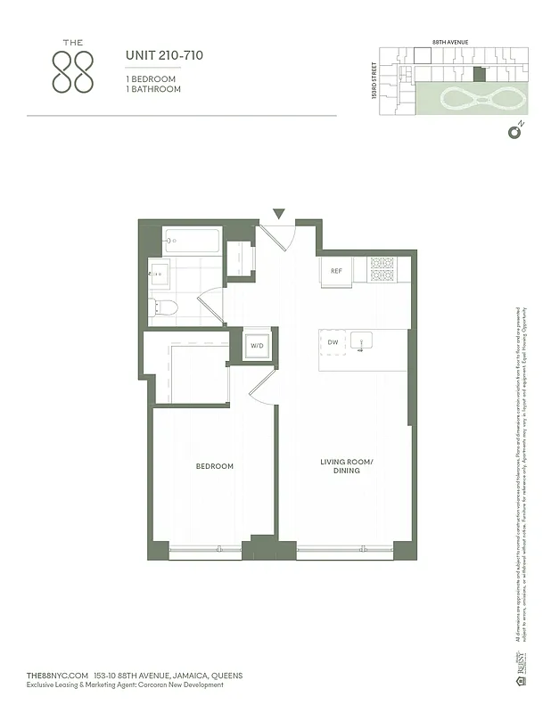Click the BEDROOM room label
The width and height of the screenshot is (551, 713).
pyautogui.click(x=214, y=466)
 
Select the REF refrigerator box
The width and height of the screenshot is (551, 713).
pyautogui.click(x=336, y=271)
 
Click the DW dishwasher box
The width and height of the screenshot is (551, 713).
pyautogui.click(x=333, y=341)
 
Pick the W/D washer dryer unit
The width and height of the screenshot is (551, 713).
pyautogui.click(x=257, y=345)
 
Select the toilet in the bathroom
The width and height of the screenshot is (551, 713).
pyautogui.click(x=166, y=307)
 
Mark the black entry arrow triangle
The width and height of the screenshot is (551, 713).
pyautogui.click(x=279, y=214)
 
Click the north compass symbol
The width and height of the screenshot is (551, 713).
pyautogui.click(x=514, y=133)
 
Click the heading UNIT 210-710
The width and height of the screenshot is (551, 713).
pyautogui.click(x=164, y=56)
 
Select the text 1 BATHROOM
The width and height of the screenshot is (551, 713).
pyautogui.click(x=152, y=90)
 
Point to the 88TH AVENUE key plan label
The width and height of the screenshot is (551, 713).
pyautogui.click(x=450, y=42)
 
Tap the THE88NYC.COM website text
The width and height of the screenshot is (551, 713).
pyautogui.click(x=60, y=676)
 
